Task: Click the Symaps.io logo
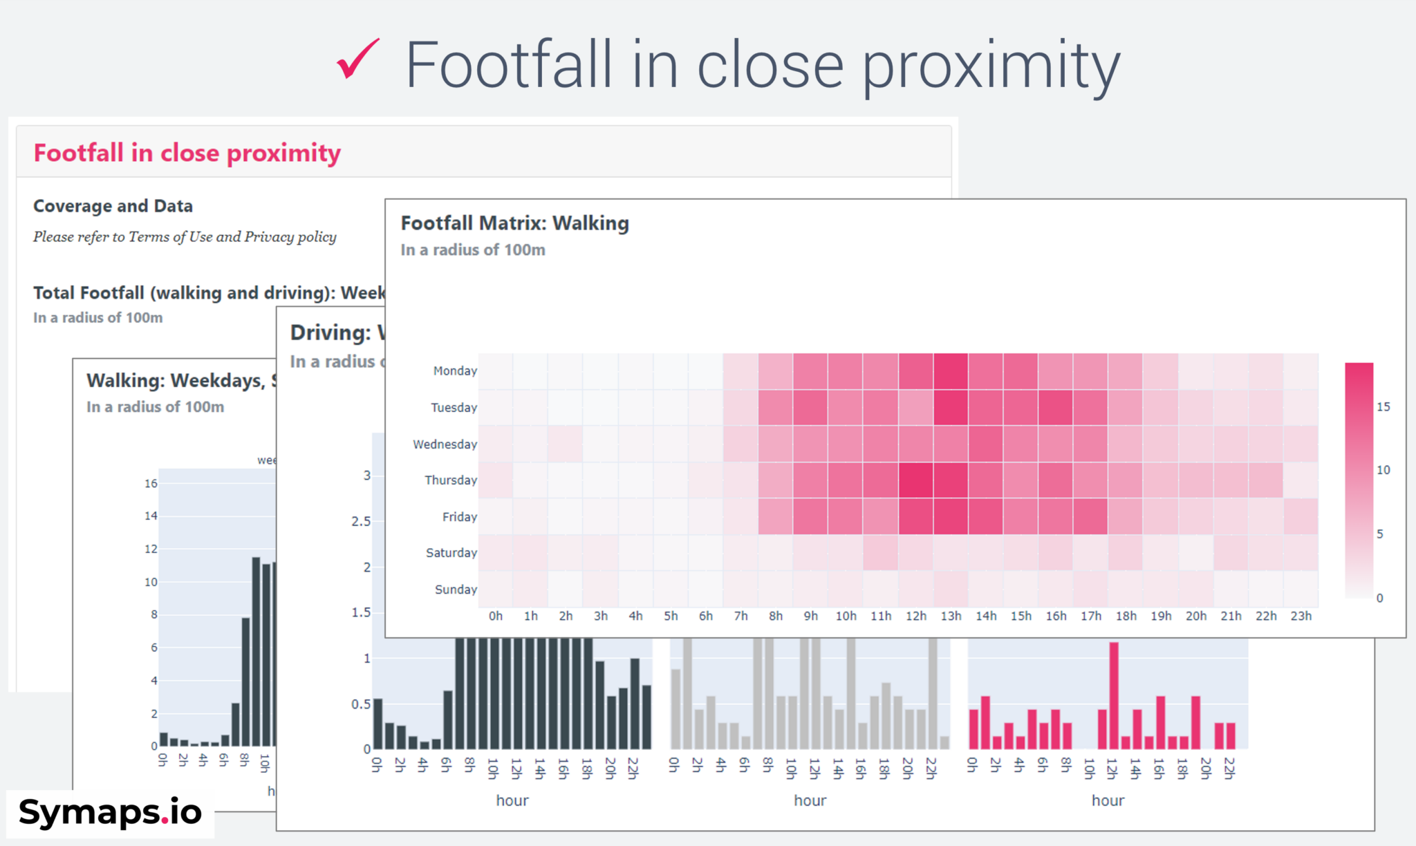(x=110, y=812)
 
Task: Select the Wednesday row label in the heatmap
(x=445, y=444)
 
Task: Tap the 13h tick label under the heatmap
(x=951, y=616)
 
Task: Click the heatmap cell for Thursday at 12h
(x=915, y=480)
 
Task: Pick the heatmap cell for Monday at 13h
(x=951, y=371)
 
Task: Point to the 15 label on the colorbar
(x=1383, y=407)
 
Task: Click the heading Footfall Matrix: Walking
(x=514, y=223)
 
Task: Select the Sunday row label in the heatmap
(x=456, y=590)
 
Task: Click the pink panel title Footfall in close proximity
(x=187, y=153)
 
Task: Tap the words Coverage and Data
(x=113, y=206)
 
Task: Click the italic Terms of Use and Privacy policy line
(x=185, y=237)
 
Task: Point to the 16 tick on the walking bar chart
(x=151, y=483)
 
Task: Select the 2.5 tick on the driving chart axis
(x=361, y=521)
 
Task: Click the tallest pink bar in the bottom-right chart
(x=1113, y=695)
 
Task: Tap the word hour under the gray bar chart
(x=810, y=800)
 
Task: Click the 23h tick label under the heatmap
(x=1301, y=616)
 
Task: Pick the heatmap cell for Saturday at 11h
(x=881, y=553)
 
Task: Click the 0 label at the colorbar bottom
(x=1379, y=598)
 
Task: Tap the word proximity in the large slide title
(x=991, y=66)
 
